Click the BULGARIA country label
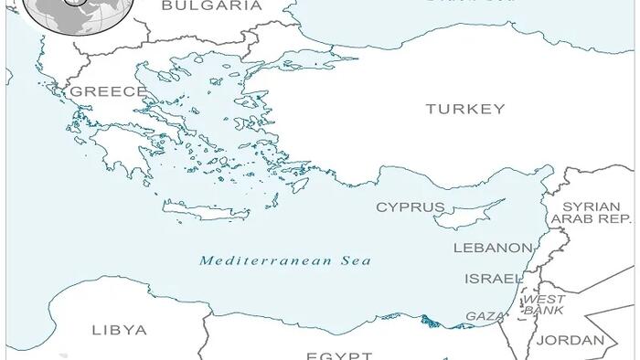point(211,5)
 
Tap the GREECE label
point(108,91)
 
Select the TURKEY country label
point(464,109)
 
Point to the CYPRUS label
point(411,207)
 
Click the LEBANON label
point(493,248)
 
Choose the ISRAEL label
point(494,278)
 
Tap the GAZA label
point(484,315)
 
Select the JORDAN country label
point(570,340)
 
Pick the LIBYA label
point(119,330)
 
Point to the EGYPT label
point(338,355)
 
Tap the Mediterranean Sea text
point(285,260)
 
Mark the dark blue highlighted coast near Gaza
point(430,321)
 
